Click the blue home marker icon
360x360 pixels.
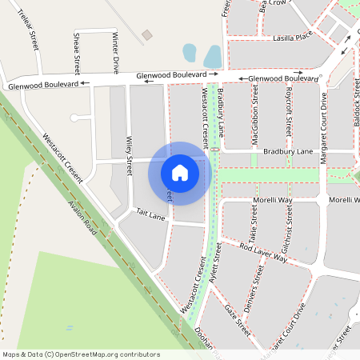(x=180, y=173)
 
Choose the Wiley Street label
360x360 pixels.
(x=129, y=155)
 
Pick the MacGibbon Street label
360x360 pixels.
(x=255, y=117)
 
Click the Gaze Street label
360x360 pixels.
(x=238, y=320)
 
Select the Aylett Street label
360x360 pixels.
(x=214, y=266)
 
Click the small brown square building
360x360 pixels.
(x=146, y=36)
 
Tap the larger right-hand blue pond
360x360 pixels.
(x=212, y=56)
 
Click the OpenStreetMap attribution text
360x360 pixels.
(x=81, y=354)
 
